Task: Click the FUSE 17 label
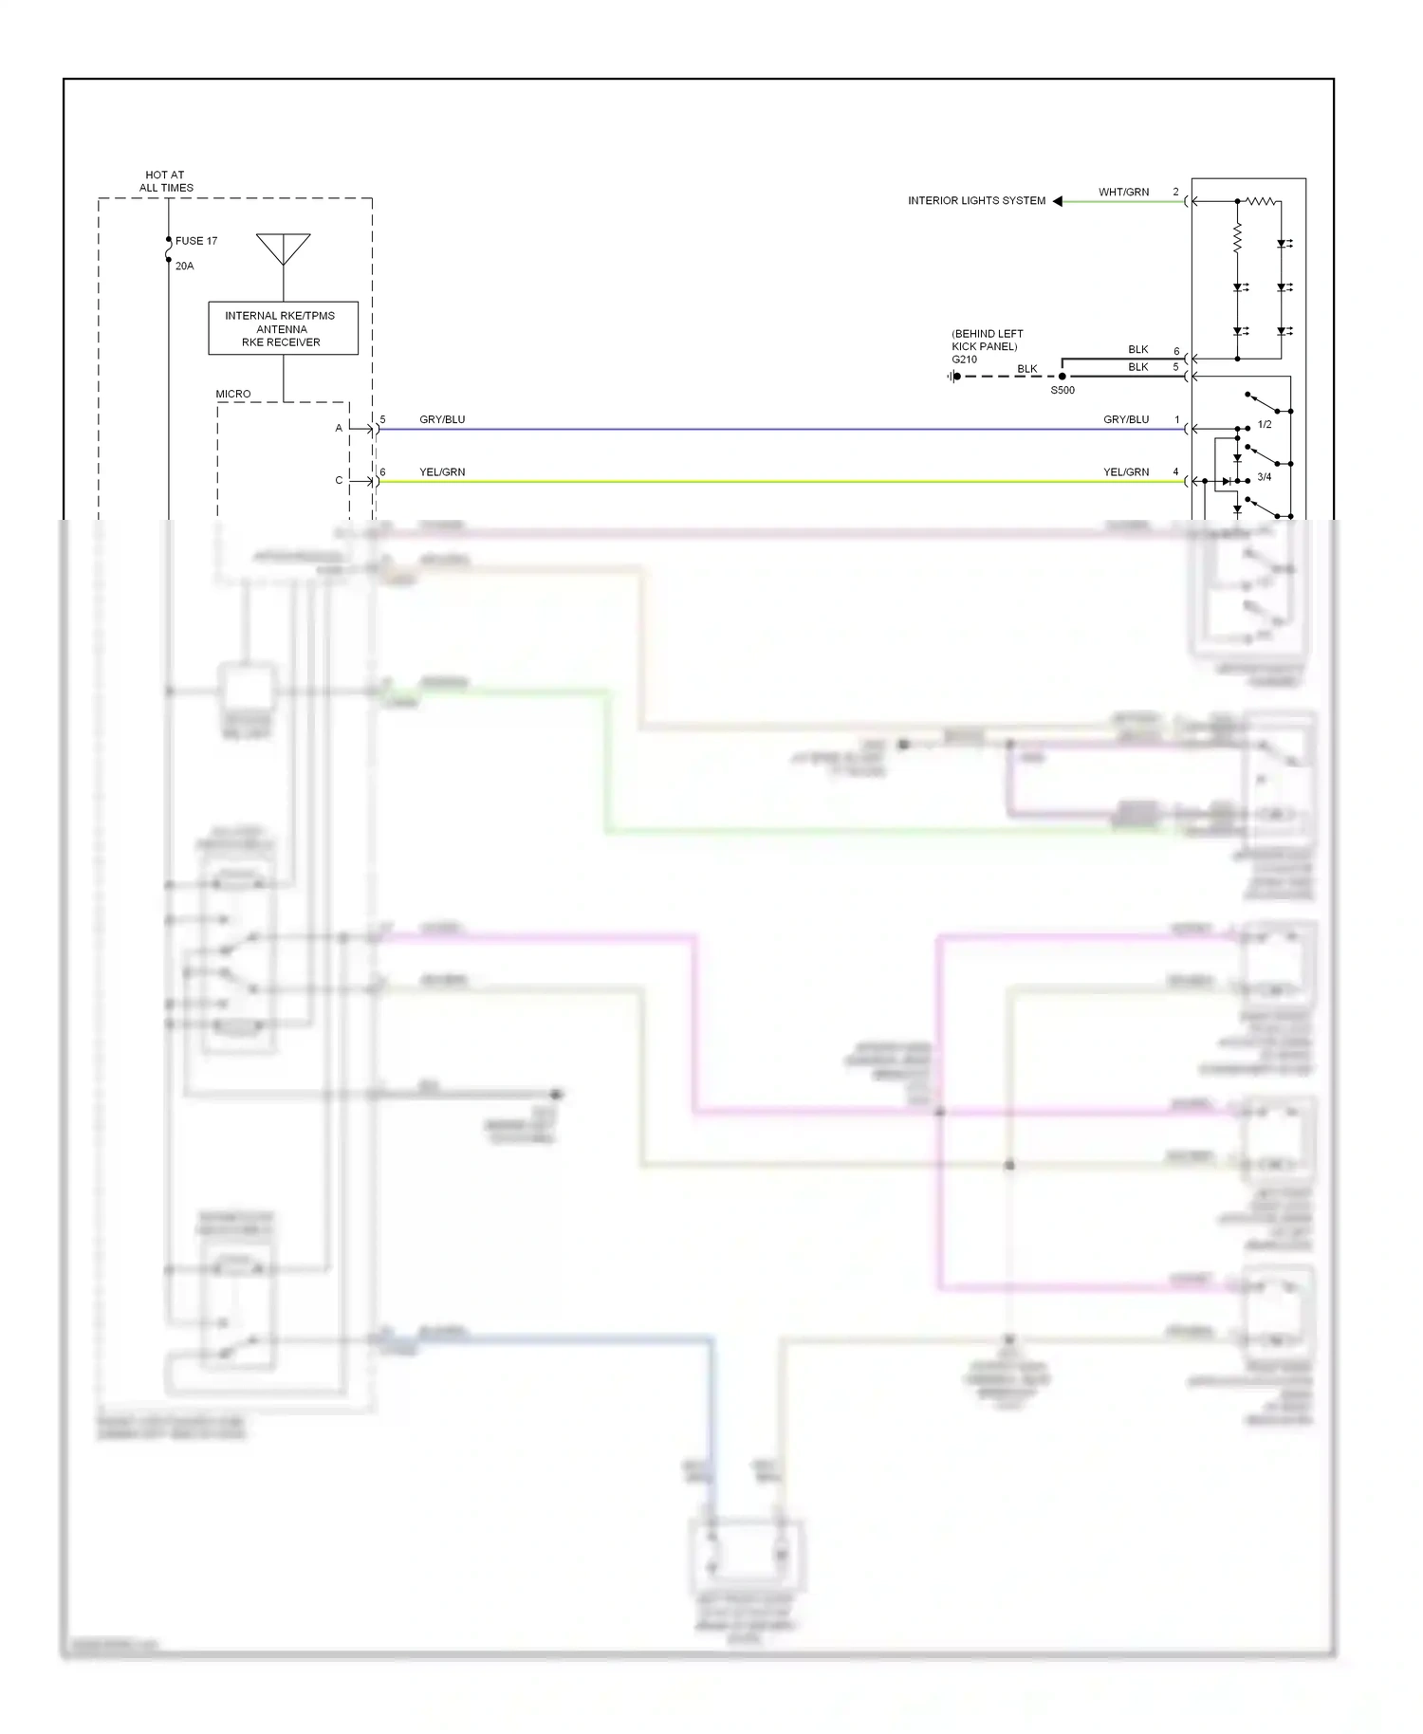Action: (x=195, y=241)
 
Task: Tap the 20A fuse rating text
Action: (x=184, y=267)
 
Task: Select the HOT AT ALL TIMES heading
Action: (x=165, y=181)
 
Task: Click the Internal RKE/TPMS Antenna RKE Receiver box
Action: (x=283, y=328)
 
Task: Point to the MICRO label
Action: (x=232, y=394)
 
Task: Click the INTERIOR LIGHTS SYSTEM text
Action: (x=976, y=201)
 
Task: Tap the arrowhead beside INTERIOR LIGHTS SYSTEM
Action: (x=1057, y=201)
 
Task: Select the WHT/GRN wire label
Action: (x=1123, y=193)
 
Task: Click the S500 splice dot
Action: (x=1063, y=377)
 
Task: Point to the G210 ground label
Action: (x=964, y=360)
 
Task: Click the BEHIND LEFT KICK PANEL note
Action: (x=987, y=340)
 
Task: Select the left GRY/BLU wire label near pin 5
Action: (x=442, y=419)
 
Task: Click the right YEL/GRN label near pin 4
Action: (x=1125, y=471)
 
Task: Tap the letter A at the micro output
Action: (x=339, y=429)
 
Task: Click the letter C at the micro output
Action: (x=339, y=481)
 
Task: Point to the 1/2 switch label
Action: (x=1264, y=425)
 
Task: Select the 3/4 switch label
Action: (x=1264, y=477)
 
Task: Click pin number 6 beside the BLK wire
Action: (x=1176, y=351)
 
